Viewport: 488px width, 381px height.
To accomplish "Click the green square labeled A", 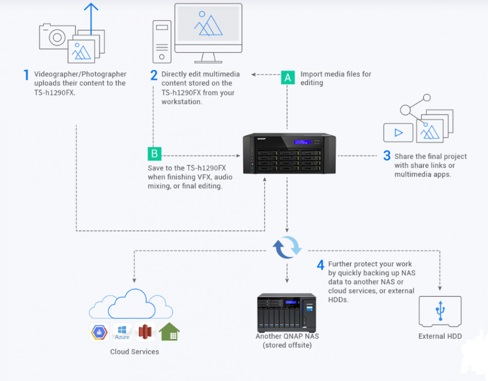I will pos(288,77).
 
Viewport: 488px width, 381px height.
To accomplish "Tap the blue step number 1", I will pos(26,75).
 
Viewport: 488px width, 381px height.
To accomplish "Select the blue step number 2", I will pos(154,75).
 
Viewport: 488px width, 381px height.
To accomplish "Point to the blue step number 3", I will pos(387,156).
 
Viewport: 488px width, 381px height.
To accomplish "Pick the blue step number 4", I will pos(321,265).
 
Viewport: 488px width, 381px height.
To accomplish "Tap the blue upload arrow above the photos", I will pos(91,15).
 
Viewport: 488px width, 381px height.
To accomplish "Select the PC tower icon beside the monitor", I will pos(162,41).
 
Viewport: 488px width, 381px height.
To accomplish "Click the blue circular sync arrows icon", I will pos(287,247).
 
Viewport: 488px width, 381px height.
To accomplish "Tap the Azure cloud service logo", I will pos(122,332).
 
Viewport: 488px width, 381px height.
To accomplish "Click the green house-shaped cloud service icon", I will pos(169,332).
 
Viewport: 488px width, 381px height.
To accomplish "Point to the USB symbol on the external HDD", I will pos(440,310).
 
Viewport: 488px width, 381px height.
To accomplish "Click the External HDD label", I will pos(440,336).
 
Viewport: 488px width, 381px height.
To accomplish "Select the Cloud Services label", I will pos(135,352).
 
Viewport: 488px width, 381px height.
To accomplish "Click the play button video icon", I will pos(398,132).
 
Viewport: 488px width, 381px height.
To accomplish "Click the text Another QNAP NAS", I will pos(287,336).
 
